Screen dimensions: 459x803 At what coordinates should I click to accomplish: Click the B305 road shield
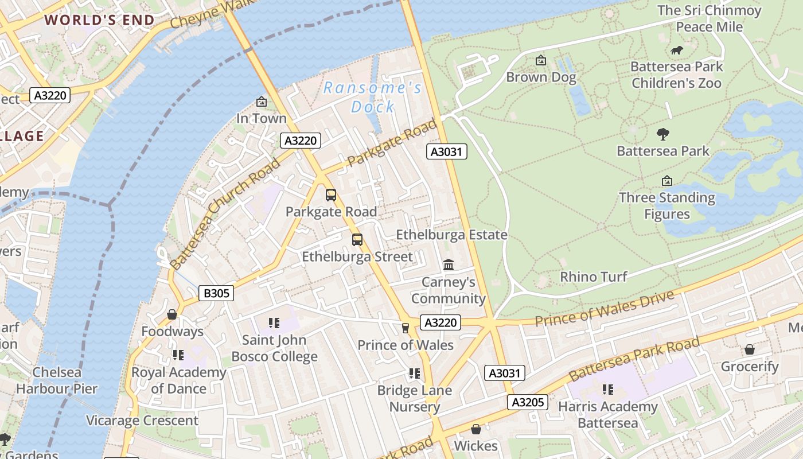pyautogui.click(x=216, y=293)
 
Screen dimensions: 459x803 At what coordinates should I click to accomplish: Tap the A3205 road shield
pyautogui.click(x=527, y=402)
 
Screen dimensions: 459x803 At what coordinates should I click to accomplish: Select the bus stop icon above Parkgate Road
pyautogui.click(x=331, y=195)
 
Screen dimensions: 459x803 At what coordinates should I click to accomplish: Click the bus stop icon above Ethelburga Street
pyautogui.click(x=357, y=240)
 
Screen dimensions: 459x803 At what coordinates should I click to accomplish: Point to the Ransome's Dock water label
pyautogui.click(x=373, y=97)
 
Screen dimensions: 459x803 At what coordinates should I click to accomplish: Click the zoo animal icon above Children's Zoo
pyautogui.click(x=677, y=50)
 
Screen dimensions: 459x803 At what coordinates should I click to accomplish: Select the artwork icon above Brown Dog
pyautogui.click(x=540, y=60)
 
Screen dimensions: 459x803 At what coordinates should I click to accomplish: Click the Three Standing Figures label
pyautogui.click(x=666, y=206)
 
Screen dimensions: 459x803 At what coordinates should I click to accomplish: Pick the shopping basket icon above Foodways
pyautogui.click(x=171, y=314)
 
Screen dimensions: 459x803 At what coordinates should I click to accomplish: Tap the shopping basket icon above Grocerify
pyautogui.click(x=749, y=349)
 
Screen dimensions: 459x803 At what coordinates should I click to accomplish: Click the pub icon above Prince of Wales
pyautogui.click(x=406, y=328)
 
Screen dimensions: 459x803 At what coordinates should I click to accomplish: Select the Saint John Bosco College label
pyautogui.click(x=274, y=348)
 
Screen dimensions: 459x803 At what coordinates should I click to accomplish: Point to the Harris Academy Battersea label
pyautogui.click(x=607, y=415)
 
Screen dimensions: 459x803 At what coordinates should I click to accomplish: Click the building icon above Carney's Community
pyautogui.click(x=449, y=265)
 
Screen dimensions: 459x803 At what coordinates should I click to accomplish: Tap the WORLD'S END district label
pyautogui.click(x=100, y=20)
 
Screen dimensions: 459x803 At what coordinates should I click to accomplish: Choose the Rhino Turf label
pyautogui.click(x=594, y=277)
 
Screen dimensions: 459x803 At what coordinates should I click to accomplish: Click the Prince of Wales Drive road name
pyautogui.click(x=604, y=309)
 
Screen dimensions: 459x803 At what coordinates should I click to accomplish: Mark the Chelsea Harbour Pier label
pyautogui.click(x=57, y=380)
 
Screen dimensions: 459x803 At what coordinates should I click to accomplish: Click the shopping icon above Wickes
pyautogui.click(x=475, y=429)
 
